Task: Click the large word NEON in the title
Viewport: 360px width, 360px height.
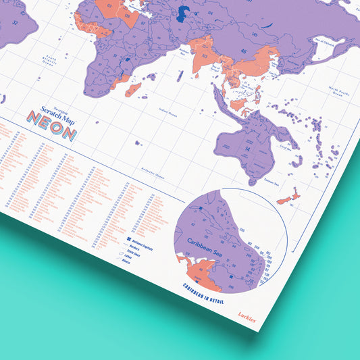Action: coord(51,132)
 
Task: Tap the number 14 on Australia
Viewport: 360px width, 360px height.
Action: coord(247,148)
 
